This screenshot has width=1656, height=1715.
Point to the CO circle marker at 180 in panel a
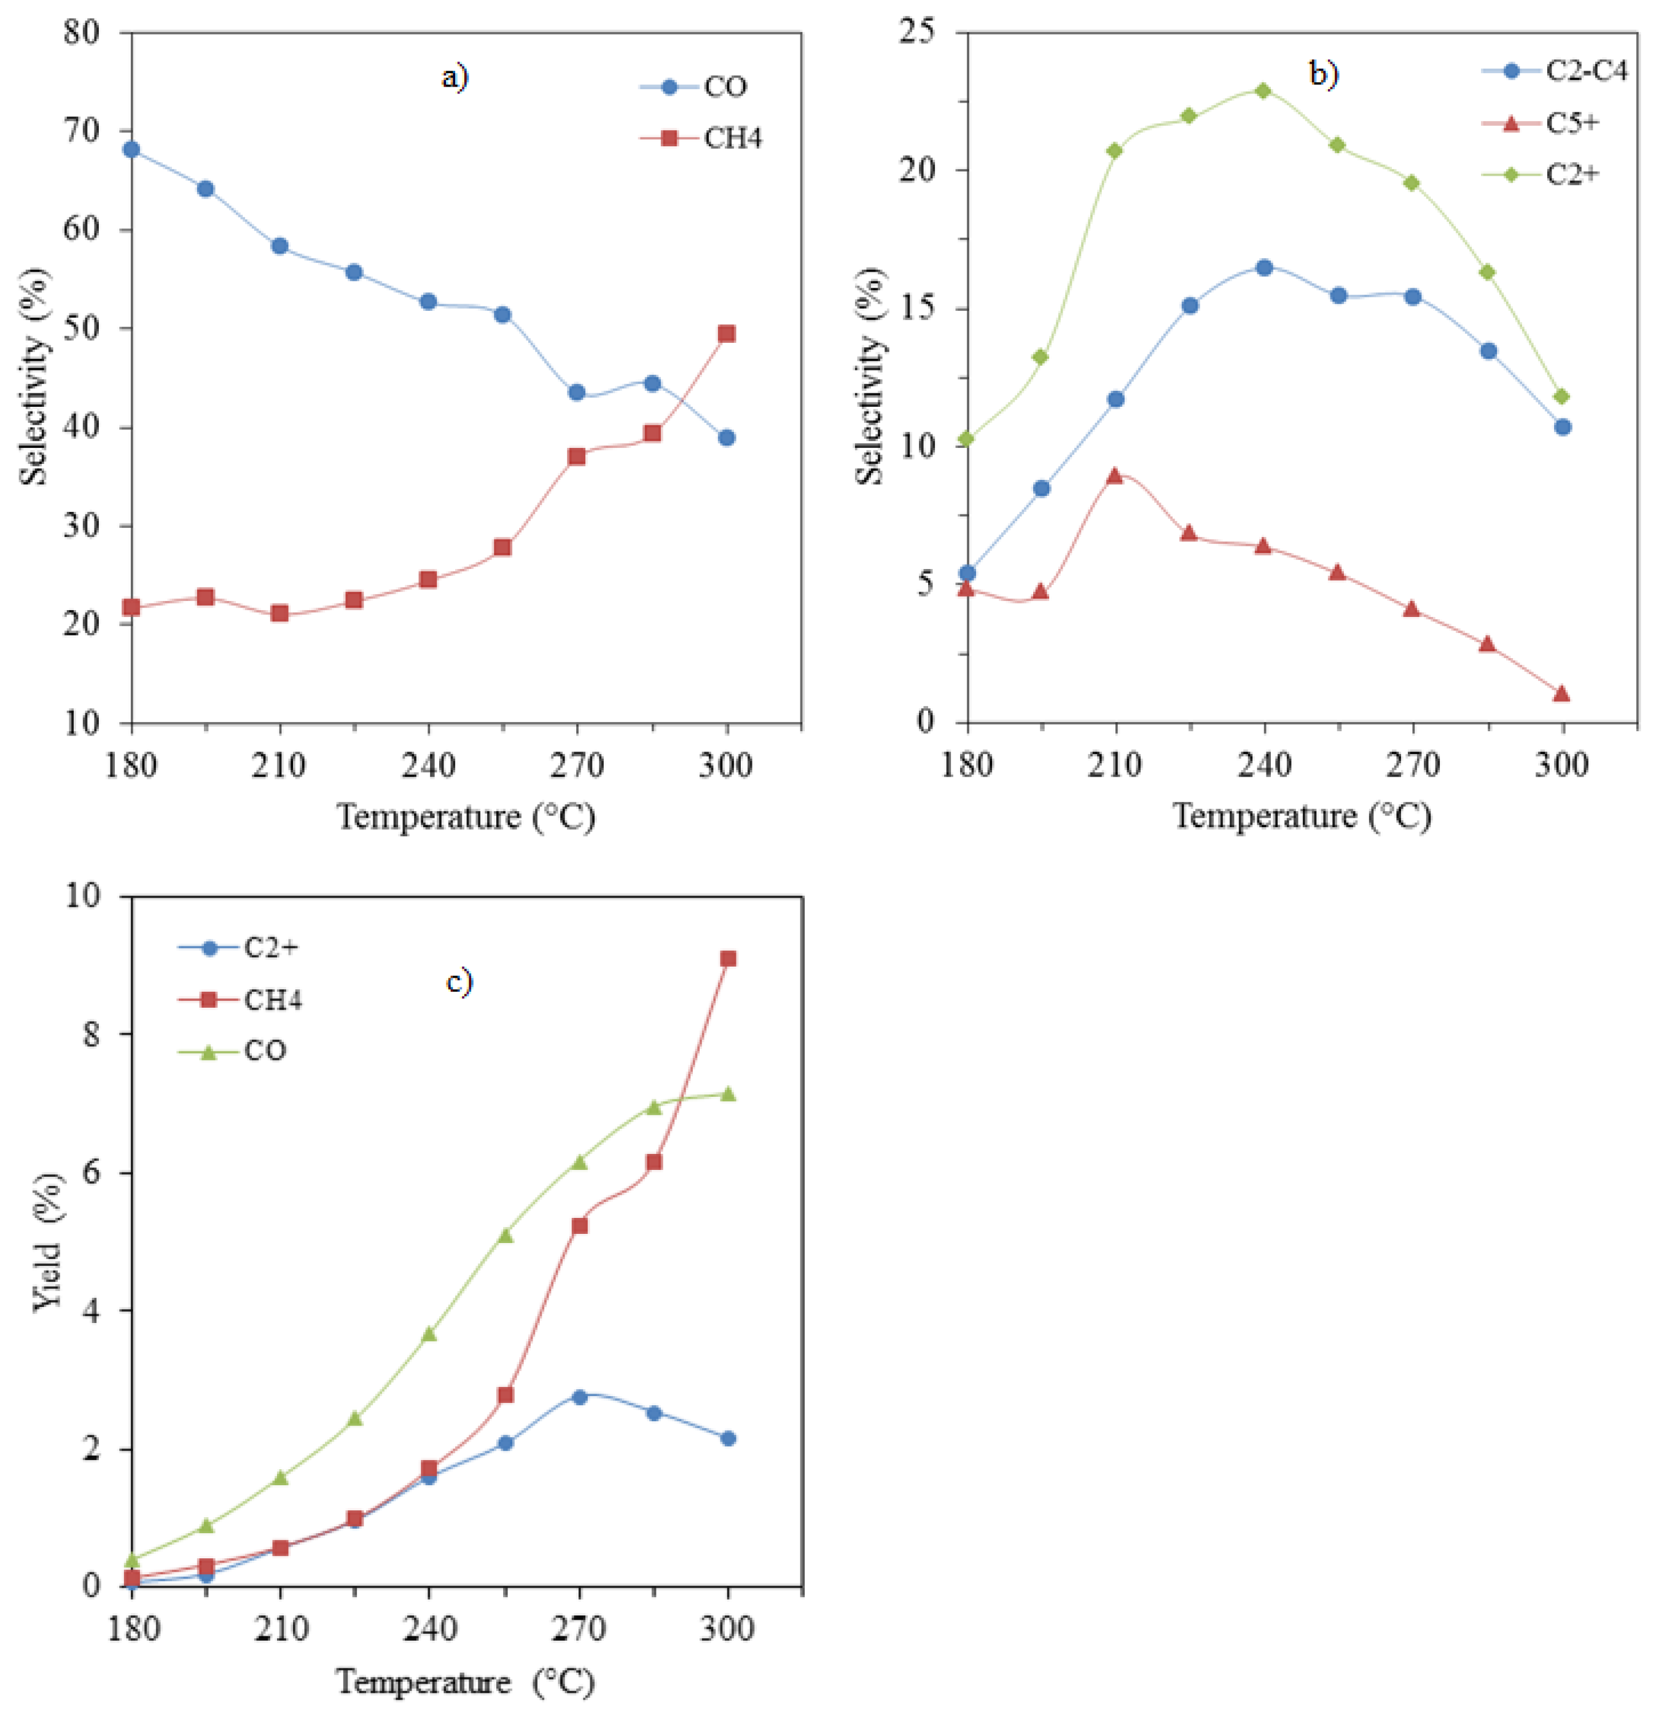point(131,150)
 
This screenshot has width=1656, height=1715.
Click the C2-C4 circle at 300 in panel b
point(1563,427)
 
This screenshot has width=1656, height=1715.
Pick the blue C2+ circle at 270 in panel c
point(579,1397)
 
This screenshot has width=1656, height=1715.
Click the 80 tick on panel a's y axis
point(83,33)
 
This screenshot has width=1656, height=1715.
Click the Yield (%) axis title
point(48,1242)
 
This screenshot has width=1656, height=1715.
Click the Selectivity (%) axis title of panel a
point(35,376)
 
